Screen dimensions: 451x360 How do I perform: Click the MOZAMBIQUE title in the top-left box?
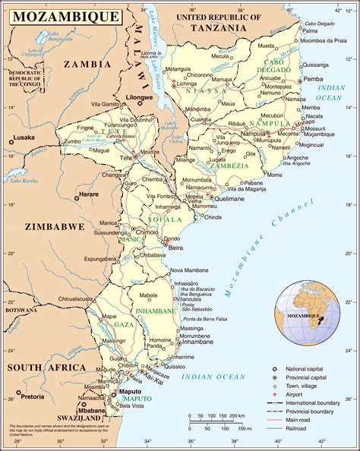[x=63, y=15]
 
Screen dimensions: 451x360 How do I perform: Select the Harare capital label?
[x=90, y=195]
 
